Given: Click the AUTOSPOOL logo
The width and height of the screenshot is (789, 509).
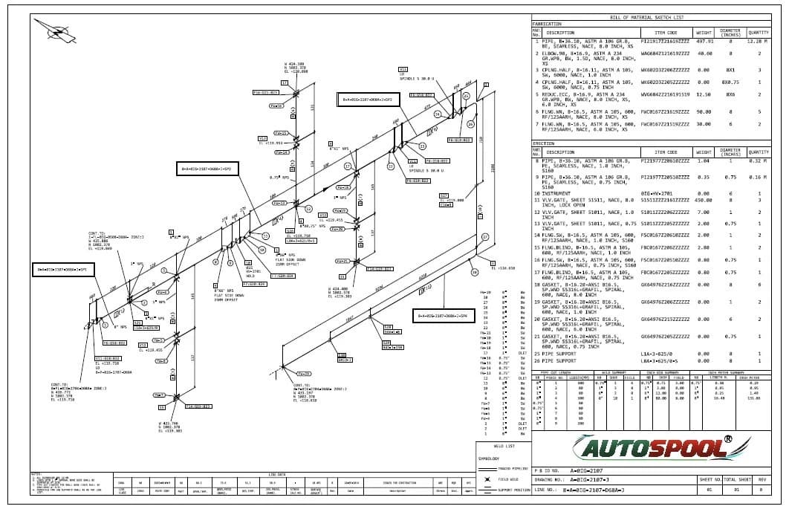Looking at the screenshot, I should pos(651,448).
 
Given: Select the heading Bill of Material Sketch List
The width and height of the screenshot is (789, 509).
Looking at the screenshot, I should pos(646,17).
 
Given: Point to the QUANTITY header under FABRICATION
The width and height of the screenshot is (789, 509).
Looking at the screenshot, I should pos(758,33).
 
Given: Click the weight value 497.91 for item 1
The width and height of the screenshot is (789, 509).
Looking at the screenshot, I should pos(704,42).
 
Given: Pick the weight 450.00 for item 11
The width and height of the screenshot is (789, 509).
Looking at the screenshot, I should pos(704,200).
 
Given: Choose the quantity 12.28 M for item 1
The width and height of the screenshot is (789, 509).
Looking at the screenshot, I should pos(757,42).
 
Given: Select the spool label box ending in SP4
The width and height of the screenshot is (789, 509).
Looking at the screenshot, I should pos(443,317).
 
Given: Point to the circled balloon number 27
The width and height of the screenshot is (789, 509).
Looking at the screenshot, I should pos(484,237).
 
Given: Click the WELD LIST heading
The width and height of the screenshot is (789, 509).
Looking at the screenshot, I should pos(503,447).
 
